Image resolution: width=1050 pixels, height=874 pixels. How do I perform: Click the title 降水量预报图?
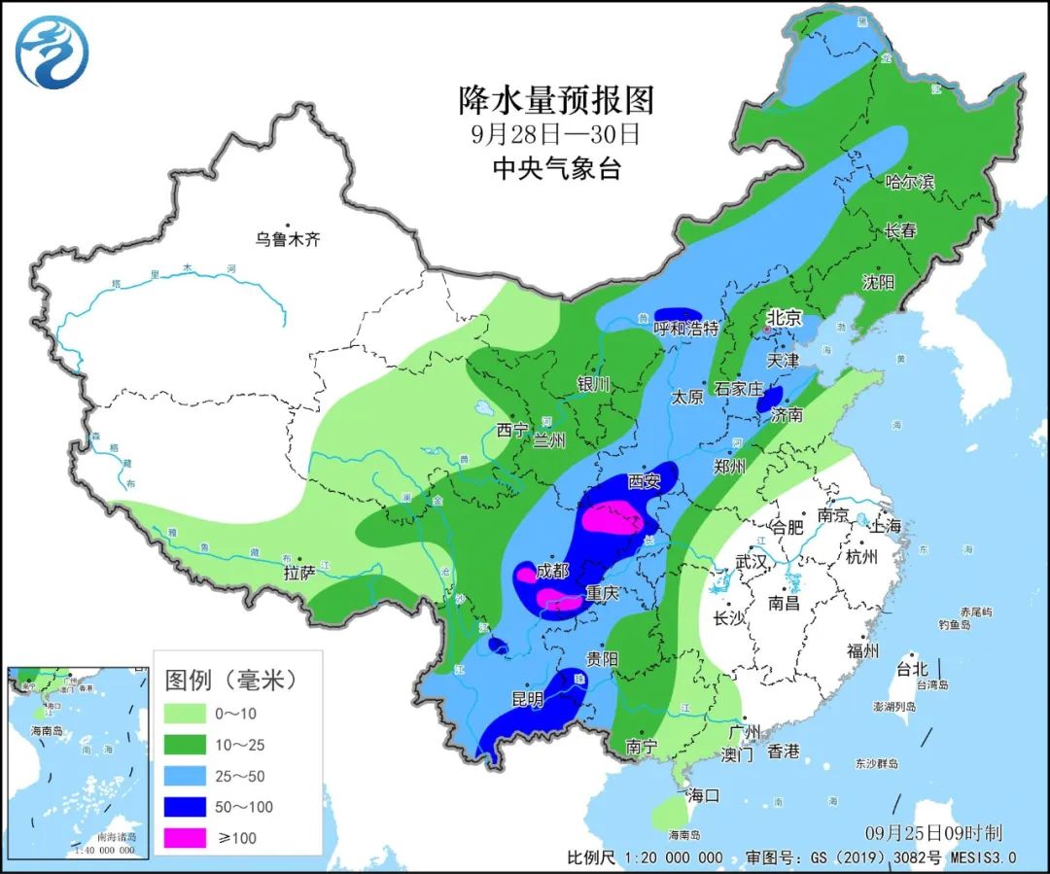pyautogui.click(x=556, y=99)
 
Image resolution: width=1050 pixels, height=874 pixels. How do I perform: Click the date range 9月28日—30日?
pyautogui.click(x=556, y=133)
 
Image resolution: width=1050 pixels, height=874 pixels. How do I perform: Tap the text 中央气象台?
pyautogui.click(x=556, y=167)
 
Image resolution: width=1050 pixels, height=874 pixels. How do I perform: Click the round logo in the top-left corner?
pyautogui.click(x=52, y=52)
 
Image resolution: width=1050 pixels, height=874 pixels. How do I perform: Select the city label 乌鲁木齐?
pyautogui.click(x=288, y=239)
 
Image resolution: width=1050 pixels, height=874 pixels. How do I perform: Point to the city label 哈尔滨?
pyautogui.click(x=909, y=182)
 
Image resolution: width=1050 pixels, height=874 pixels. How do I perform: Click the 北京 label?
pyautogui.click(x=784, y=317)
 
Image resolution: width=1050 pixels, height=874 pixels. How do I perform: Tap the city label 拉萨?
pyautogui.click(x=298, y=574)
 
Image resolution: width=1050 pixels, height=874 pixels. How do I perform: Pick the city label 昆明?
pyautogui.click(x=530, y=699)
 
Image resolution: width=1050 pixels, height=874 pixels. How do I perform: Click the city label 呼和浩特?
pyautogui.click(x=685, y=329)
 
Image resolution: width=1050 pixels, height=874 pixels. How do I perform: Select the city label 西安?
pyautogui.click(x=644, y=480)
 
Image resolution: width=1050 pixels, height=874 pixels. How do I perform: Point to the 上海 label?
pyautogui.click(x=886, y=526)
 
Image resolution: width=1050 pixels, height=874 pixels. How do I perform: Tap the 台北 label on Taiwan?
pyautogui.click(x=912, y=669)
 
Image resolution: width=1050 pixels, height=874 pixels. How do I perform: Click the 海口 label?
pyautogui.click(x=703, y=795)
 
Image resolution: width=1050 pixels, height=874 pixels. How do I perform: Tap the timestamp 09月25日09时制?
pyautogui.click(x=932, y=833)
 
